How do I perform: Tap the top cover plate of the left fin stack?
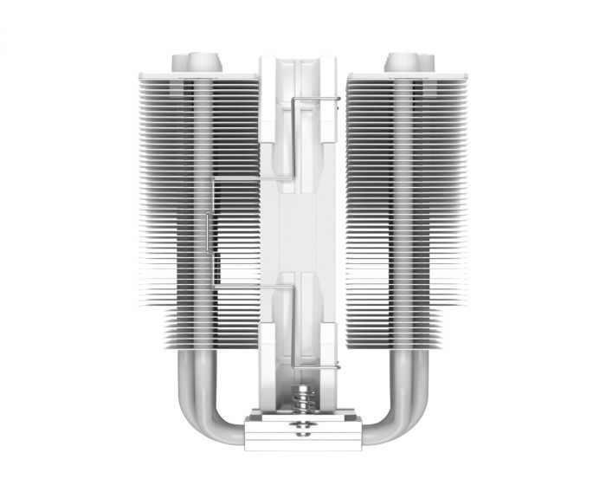click(x=198, y=76)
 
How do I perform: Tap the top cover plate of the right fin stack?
click(x=407, y=76)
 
